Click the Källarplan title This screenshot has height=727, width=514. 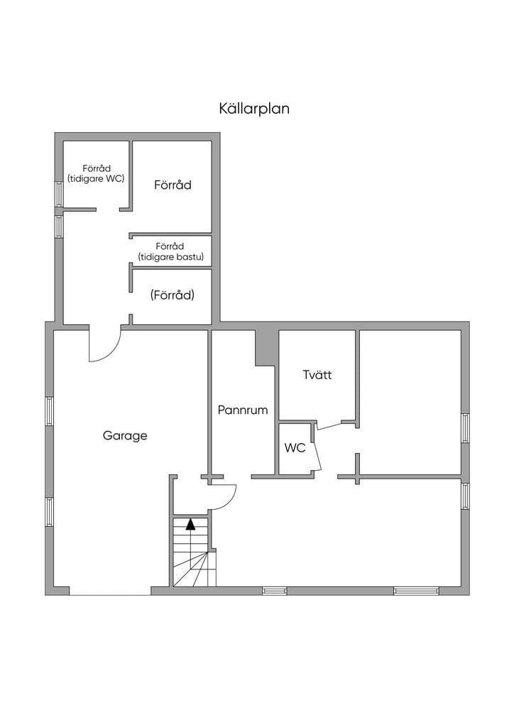click(x=254, y=109)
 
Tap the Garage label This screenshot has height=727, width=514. click(x=125, y=436)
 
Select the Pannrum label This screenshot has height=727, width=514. click(x=243, y=410)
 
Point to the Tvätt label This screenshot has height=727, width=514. click(x=317, y=375)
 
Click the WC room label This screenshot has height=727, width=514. click(x=295, y=448)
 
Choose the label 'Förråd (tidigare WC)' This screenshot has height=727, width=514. click(x=97, y=173)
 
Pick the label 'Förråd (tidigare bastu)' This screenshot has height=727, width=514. click(x=170, y=251)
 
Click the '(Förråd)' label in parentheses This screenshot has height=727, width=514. click(x=172, y=295)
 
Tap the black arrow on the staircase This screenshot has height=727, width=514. click(x=190, y=525)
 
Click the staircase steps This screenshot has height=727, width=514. click(x=195, y=552)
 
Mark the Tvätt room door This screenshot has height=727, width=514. click(x=329, y=425)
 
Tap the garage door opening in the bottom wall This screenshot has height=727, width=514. click(x=110, y=591)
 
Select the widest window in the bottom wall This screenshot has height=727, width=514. click(x=416, y=591)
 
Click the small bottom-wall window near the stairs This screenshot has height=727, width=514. click(x=274, y=591)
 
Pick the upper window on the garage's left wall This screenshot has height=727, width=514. click(x=49, y=411)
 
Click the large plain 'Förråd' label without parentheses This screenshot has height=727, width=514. click(x=173, y=185)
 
